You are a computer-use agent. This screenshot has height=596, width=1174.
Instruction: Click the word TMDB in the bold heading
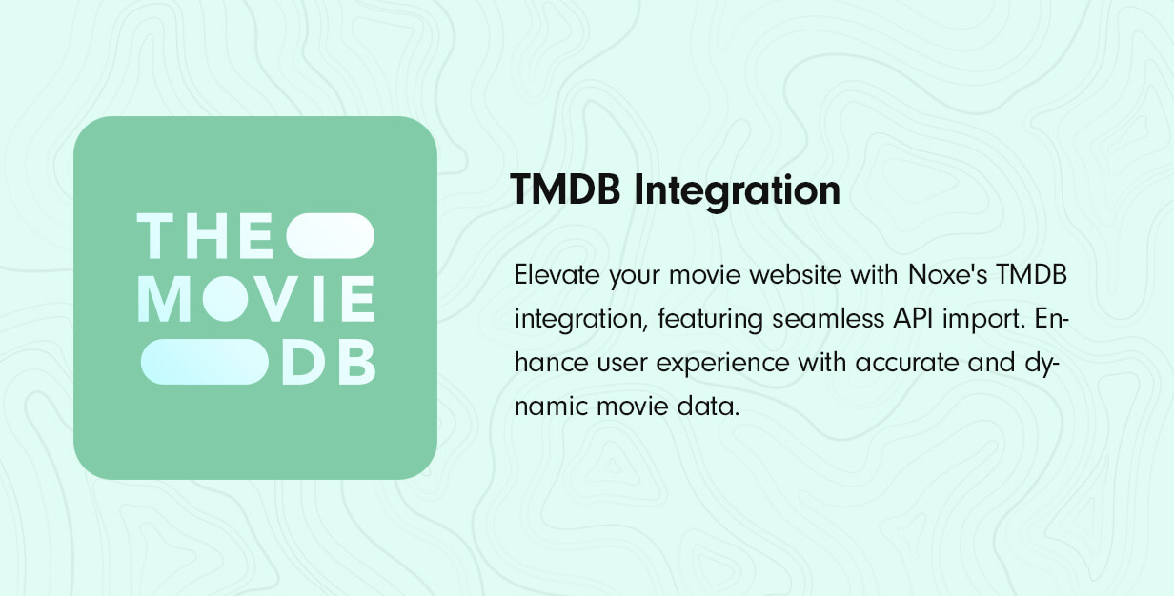565,189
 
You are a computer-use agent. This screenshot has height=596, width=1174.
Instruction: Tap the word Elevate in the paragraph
557,275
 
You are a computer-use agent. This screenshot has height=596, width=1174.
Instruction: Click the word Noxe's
947,275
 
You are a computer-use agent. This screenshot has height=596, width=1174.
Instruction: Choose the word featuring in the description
710,320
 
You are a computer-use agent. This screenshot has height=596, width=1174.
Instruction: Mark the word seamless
828,319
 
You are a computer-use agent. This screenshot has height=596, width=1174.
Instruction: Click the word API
913,319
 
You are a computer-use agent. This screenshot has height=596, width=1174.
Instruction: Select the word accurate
907,363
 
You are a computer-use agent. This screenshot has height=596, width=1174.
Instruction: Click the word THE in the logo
205,236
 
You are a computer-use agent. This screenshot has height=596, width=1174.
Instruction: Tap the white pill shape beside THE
330,236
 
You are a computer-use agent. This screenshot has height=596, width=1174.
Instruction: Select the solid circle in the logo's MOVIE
225,299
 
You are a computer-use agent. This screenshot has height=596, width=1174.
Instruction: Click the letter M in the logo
164,299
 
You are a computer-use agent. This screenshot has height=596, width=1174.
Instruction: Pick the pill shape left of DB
204,362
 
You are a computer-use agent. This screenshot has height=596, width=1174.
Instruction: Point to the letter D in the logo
303,362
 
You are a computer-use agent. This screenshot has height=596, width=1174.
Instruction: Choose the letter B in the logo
357,362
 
